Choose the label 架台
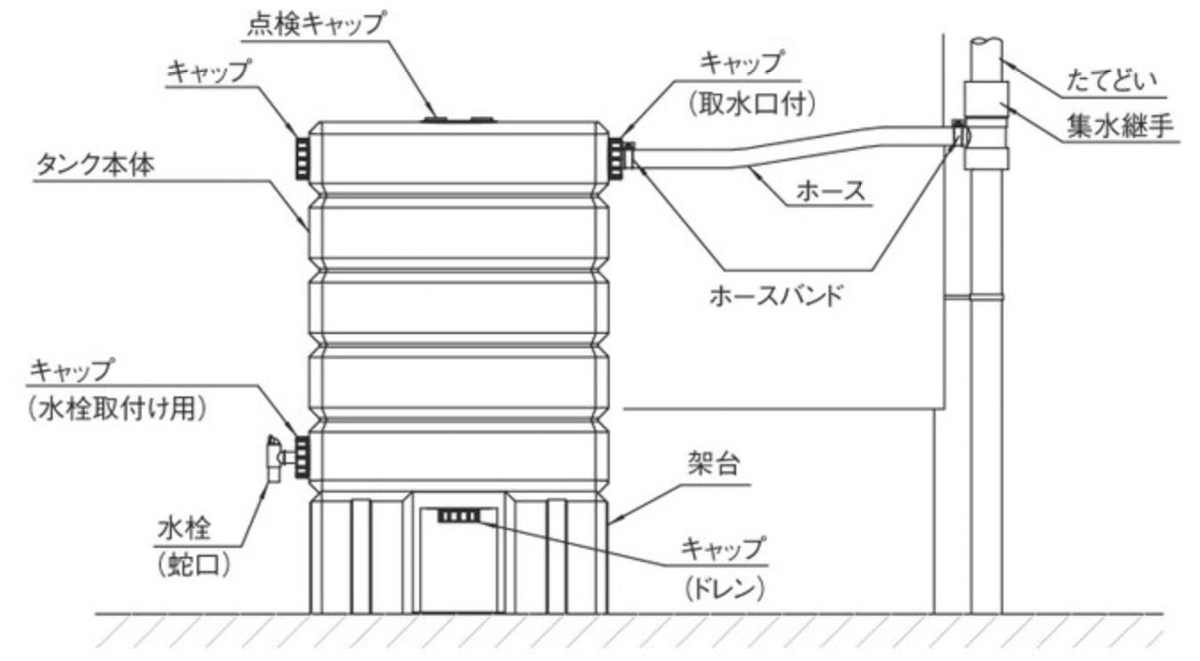click(x=712, y=463)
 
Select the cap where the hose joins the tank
click(x=616, y=155)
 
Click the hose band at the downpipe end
click(x=959, y=135)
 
